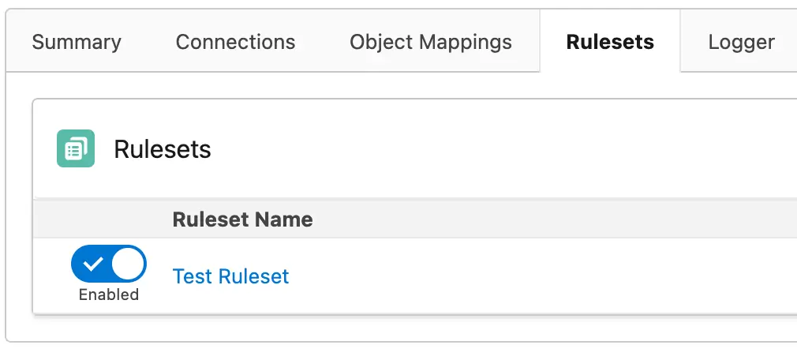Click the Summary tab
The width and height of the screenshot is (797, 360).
point(77,42)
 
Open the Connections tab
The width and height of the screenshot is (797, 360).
point(235,42)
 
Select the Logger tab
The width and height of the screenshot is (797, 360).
point(741,43)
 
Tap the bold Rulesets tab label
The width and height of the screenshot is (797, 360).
point(610,42)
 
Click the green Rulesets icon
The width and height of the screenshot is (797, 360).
point(76,148)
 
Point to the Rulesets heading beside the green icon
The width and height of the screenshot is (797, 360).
point(162,149)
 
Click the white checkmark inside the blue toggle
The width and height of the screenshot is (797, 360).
point(92,264)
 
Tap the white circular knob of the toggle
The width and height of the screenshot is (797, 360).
point(128,264)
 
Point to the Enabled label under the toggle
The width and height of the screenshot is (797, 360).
point(109,294)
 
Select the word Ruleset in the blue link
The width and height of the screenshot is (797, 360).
point(253,276)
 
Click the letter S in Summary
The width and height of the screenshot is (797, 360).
point(38,42)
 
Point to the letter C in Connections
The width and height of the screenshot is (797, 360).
point(183,42)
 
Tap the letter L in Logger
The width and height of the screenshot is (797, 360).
point(713,42)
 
